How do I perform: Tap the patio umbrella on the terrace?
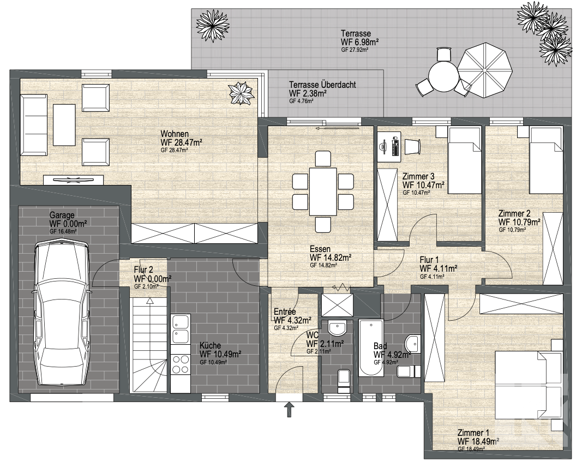[x=484, y=70]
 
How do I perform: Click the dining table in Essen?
[x=323, y=191]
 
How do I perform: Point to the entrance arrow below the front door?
[x=289, y=410]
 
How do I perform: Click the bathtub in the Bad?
[x=371, y=348]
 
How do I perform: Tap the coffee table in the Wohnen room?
[x=64, y=125]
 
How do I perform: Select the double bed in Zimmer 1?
[x=529, y=385]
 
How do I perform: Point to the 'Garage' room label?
[x=62, y=215]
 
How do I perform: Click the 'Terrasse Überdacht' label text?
[x=322, y=85]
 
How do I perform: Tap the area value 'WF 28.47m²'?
[x=182, y=142]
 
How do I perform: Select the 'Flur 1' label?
[x=429, y=260]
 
